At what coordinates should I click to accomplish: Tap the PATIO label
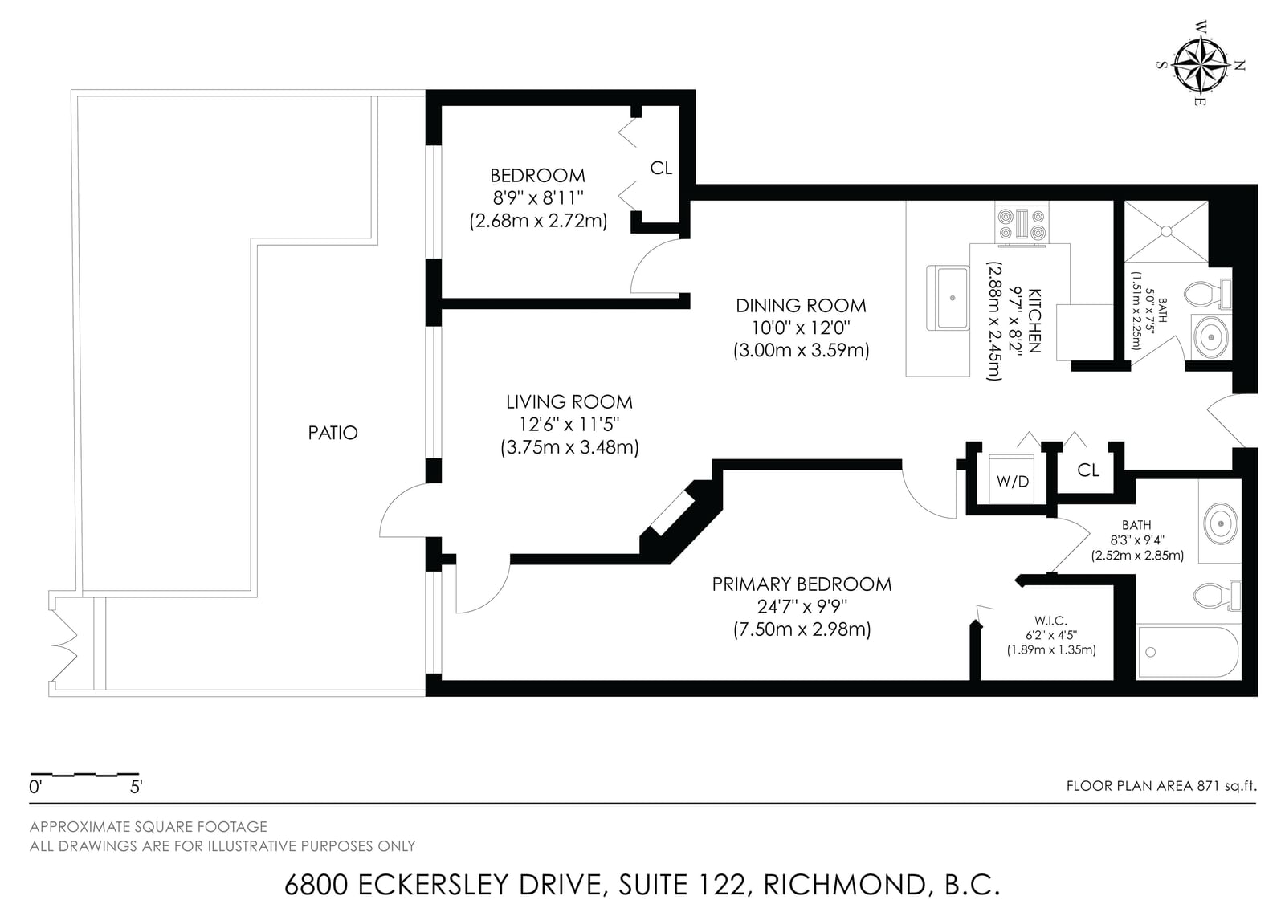[x=332, y=433]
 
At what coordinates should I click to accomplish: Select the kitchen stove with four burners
[x=1022, y=224]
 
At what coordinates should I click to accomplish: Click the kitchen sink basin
[x=948, y=298]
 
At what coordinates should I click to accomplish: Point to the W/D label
[x=1013, y=482]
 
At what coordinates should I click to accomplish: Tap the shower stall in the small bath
[x=1166, y=232]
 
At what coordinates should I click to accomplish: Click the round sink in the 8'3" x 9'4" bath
[x=1220, y=523]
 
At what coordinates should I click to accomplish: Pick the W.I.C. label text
[x=1051, y=621]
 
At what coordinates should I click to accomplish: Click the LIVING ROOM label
[x=569, y=402]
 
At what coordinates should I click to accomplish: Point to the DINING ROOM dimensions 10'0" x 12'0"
[x=801, y=328]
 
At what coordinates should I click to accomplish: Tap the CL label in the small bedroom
[x=661, y=168]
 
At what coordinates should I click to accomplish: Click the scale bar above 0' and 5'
[x=84, y=774]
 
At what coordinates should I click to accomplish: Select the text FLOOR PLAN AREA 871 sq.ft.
[x=1161, y=786]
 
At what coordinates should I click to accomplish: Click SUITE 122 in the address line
[x=683, y=884]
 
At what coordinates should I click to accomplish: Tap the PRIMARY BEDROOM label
[x=802, y=584]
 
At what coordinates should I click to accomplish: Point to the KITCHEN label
[x=1034, y=320]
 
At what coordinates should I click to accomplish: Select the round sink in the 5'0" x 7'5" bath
[x=1210, y=337]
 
